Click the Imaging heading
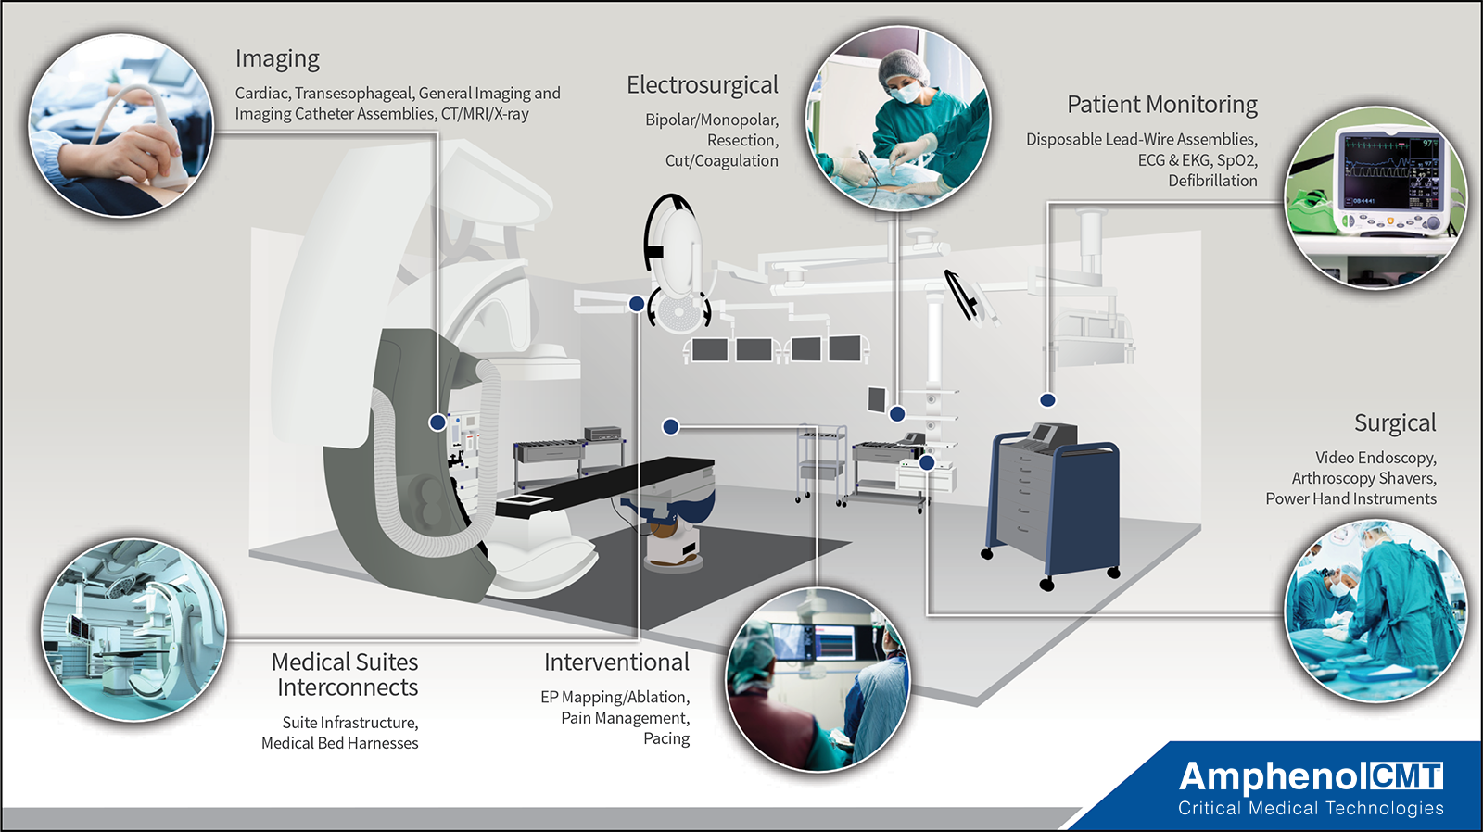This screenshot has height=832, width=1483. coord(277,59)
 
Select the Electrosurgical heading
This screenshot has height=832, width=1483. coord(703,84)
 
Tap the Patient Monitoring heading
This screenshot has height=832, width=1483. coord(1162,105)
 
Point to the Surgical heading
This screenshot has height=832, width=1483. coord(1395,423)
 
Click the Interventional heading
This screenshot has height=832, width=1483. coord(616,662)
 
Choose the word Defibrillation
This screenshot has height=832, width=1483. coord(1212,181)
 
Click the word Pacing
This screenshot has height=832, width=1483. coord(666,738)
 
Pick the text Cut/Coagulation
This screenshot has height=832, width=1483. coord(722,161)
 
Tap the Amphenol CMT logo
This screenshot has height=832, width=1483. coord(1311,788)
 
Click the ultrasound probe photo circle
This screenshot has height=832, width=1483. coord(121,125)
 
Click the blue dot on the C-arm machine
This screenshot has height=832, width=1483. coord(437,422)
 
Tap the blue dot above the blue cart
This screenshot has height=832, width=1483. coord(1047,399)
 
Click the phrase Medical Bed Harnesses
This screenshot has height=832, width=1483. coord(339,743)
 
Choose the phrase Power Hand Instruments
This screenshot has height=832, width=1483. coord(1350,499)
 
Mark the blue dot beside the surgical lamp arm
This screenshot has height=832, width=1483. coord(637,304)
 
